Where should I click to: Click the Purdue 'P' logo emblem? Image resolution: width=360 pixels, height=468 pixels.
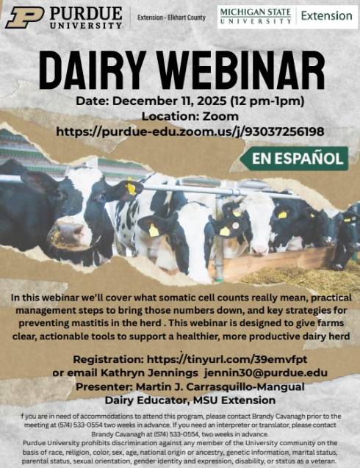click(25, 18)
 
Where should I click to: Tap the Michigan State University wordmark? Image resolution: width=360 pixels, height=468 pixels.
click(256, 16)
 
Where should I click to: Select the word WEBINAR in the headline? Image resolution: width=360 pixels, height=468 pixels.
click(241, 71)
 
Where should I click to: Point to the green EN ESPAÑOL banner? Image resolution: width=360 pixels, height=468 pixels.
click(295, 159)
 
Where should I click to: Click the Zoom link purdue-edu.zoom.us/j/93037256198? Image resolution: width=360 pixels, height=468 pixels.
click(190, 132)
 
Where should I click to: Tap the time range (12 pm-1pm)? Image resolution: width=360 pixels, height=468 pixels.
click(267, 101)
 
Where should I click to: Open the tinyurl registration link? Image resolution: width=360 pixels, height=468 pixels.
click(227, 359)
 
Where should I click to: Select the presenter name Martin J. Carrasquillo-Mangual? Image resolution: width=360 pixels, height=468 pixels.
click(220, 386)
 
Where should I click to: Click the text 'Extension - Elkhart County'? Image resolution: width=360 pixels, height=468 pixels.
click(172, 18)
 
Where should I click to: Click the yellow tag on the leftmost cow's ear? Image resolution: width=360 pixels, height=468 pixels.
click(131, 189)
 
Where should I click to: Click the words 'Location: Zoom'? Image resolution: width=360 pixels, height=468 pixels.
click(190, 116)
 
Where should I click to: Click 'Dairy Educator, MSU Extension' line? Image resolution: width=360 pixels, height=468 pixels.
click(190, 400)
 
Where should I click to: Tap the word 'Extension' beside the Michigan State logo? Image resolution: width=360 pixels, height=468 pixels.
click(327, 16)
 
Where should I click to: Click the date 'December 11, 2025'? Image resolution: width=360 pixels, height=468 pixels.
click(169, 101)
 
